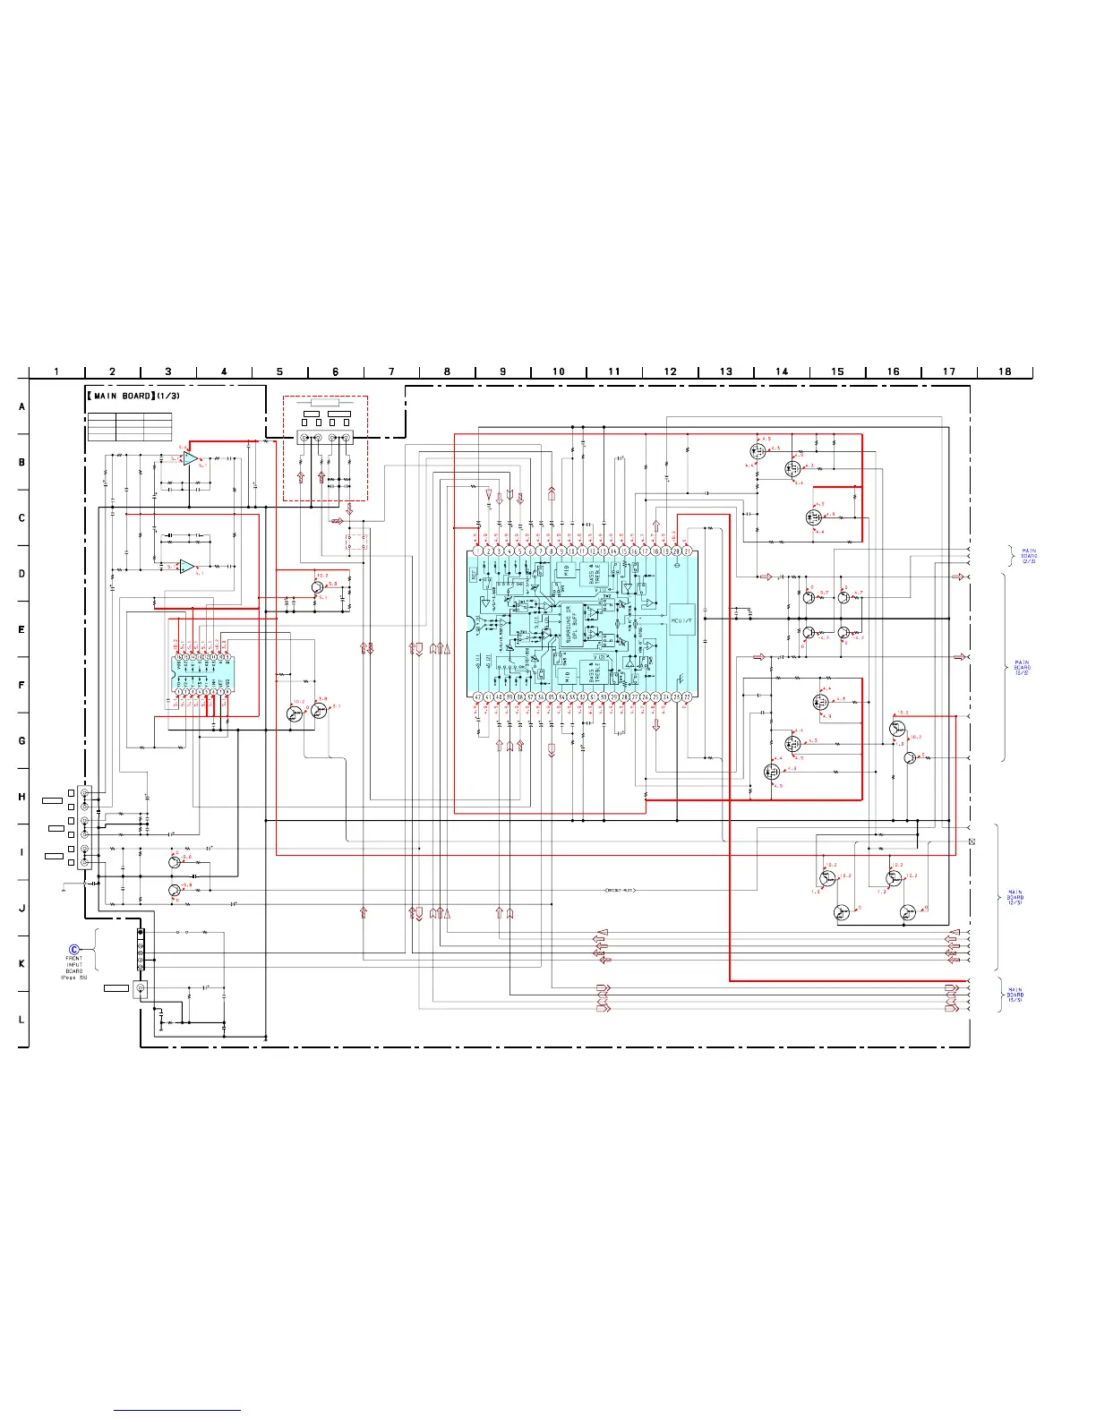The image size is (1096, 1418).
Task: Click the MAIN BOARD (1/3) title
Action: tap(133, 396)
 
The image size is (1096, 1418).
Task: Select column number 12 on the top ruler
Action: tap(670, 372)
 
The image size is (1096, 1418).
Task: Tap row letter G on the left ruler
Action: tap(22, 741)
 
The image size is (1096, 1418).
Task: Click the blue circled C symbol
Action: tap(74, 949)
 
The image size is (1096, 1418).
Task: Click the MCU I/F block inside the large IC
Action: tap(681, 619)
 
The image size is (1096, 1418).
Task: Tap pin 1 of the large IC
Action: tap(478, 551)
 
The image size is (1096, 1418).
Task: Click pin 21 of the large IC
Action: tap(686, 551)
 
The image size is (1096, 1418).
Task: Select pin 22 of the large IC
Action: tap(686, 696)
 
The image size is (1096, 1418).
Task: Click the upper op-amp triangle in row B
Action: tap(190, 458)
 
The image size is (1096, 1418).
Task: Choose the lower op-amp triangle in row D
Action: tap(186, 567)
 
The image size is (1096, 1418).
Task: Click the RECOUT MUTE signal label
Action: tap(621, 891)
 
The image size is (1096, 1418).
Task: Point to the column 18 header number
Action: tap(1005, 372)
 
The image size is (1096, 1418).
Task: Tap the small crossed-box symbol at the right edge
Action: tap(972, 841)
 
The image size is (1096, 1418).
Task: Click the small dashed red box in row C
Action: tap(357, 542)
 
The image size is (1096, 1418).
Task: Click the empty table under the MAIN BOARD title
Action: tap(130, 427)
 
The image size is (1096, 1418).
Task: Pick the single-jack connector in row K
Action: tap(140, 988)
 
